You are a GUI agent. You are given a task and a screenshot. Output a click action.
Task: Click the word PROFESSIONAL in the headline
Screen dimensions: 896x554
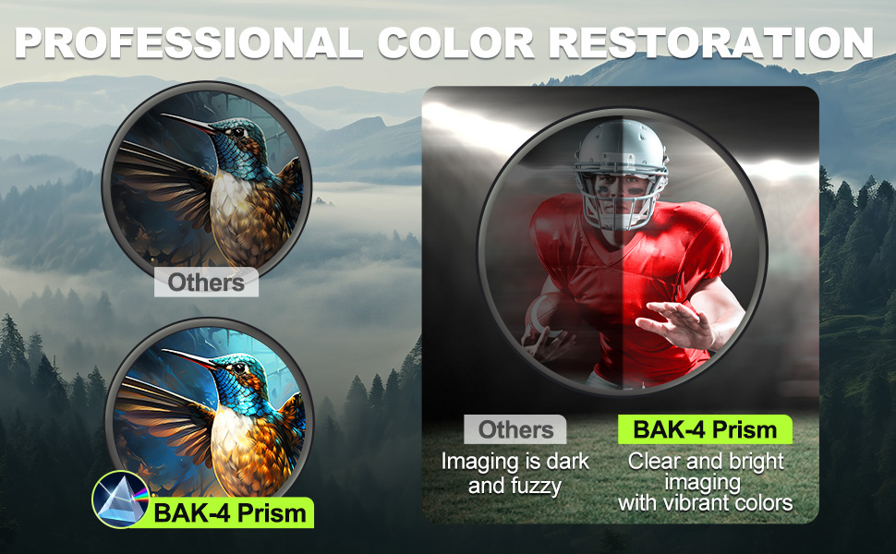pyautogui.click(x=189, y=42)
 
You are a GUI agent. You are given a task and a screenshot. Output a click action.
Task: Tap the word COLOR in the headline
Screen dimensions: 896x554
pyautogui.click(x=456, y=42)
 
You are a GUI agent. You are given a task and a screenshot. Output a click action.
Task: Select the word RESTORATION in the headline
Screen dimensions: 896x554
pyautogui.click(x=711, y=42)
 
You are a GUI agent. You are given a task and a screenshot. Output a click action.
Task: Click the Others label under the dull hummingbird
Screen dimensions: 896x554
pyautogui.click(x=206, y=283)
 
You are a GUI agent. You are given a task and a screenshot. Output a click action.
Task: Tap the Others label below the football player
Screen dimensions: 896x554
pyautogui.click(x=515, y=429)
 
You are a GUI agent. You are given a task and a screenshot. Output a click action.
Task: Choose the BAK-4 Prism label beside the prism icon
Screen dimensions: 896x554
pyautogui.click(x=230, y=512)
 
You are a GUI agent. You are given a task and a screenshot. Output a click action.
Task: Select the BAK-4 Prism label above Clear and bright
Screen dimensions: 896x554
pyautogui.click(x=705, y=429)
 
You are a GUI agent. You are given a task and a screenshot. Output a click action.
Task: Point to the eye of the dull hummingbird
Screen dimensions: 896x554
pyautogui.click(x=237, y=133)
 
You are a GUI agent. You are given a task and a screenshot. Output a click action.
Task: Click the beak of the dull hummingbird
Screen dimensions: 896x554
pyautogui.click(x=189, y=123)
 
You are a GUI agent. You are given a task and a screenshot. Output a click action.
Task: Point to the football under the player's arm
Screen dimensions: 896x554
pyautogui.click(x=544, y=316)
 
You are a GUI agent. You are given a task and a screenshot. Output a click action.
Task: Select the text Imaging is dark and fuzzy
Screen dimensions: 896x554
pyautogui.click(x=515, y=474)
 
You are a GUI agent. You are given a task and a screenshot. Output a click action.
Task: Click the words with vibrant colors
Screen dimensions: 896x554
pyautogui.click(x=705, y=503)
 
